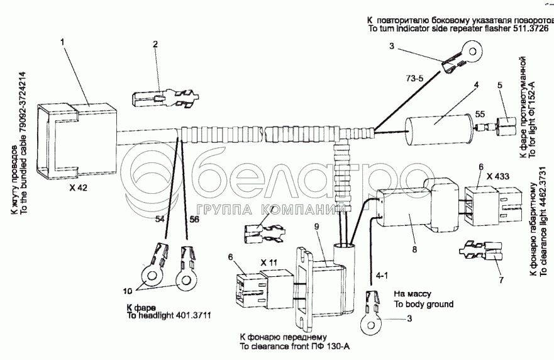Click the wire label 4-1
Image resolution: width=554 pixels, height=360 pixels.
point(382,275)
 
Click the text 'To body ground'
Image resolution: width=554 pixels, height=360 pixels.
point(423,304)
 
